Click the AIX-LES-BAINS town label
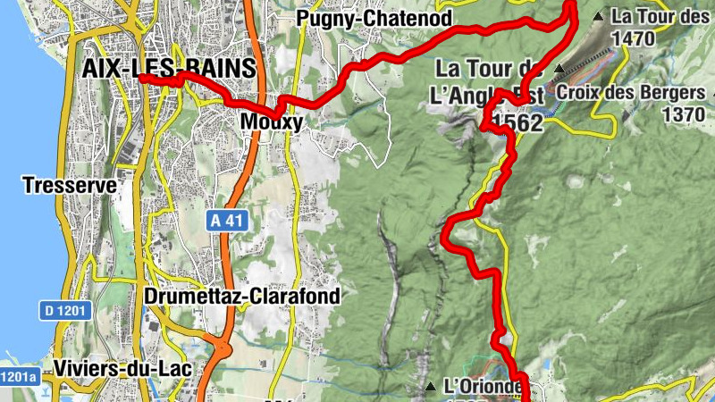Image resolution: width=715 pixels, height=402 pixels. point(168,70)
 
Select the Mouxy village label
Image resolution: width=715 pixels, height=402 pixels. point(273,121)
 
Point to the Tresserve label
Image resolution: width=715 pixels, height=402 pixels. point(70,186)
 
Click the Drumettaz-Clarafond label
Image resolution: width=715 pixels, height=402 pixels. point(241,296)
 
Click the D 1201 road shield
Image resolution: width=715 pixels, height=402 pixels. point(63,311)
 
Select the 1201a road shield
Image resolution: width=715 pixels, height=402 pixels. point(18,376)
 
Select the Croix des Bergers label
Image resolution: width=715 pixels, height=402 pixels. point(630,92)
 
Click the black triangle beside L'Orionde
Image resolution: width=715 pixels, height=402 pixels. point(431,387)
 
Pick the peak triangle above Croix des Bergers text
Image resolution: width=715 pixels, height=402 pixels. point(559,68)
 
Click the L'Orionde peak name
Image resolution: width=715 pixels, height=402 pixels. point(483,387)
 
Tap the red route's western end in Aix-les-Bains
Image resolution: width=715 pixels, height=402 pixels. point(142,80)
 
